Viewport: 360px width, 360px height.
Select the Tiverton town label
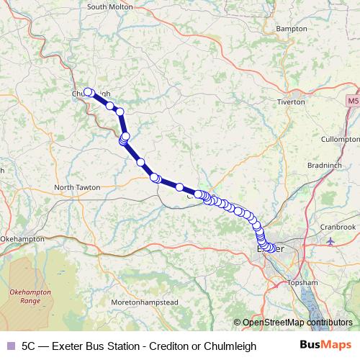pyautogui.click(x=292, y=102)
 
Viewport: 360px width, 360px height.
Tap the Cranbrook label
pyautogui.click(x=338, y=227)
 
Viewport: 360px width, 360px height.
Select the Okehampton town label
pyautogui.click(x=23, y=238)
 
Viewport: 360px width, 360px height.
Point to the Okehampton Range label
pyautogui.click(x=29, y=296)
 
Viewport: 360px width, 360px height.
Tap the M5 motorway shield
pyautogui.click(x=352, y=102)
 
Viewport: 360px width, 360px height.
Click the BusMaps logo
pyautogui.click(x=326, y=345)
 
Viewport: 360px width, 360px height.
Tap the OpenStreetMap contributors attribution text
pyautogui.click(x=297, y=323)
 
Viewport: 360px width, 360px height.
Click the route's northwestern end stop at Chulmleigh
pyautogui.click(x=88, y=92)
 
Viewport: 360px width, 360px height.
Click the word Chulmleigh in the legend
pyautogui.click(x=230, y=346)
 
